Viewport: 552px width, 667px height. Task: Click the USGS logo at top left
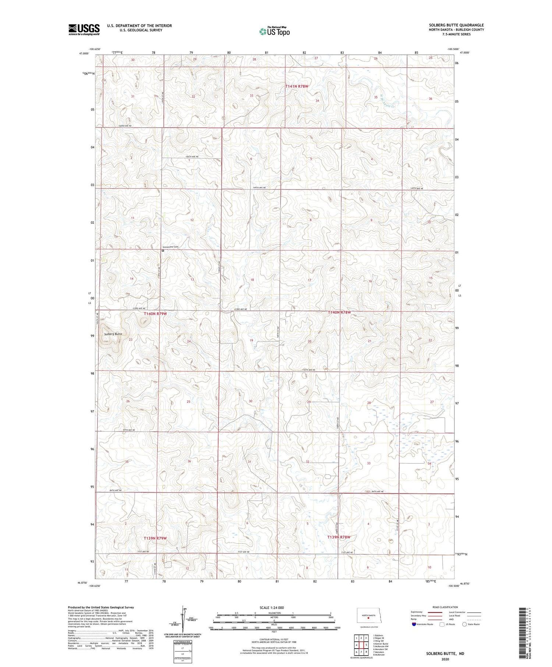coord(84,29)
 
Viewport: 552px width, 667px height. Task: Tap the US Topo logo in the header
coord(275,32)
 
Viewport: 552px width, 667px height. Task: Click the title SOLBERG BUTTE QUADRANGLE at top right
coord(456,25)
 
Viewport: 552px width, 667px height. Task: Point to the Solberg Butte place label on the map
coord(113,334)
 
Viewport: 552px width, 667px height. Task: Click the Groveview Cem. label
coord(171,247)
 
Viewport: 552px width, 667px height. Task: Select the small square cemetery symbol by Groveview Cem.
coord(163,251)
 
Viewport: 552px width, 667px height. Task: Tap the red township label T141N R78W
coord(297,86)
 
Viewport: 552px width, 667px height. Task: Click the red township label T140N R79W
coord(155,313)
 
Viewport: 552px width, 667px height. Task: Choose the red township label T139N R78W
coord(339,537)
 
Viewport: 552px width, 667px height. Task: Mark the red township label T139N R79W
coord(155,538)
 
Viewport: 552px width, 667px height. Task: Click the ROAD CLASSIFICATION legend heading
coord(445,607)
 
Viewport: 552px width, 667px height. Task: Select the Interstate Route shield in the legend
coord(414,624)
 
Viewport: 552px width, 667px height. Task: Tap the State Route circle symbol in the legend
coord(464,624)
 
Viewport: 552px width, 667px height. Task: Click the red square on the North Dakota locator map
coord(368,618)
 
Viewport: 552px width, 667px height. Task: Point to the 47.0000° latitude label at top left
coord(84,53)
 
